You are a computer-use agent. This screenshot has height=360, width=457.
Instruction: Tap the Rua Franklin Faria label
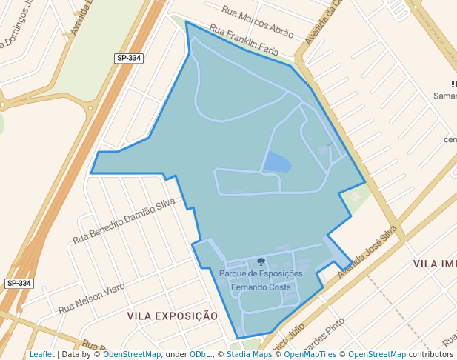pyautogui.click(x=244, y=41)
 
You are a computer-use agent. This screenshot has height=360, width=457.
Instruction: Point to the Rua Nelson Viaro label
pyautogui.click(x=92, y=297)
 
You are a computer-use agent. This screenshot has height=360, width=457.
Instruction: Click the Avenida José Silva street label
pyautogui.click(x=363, y=252)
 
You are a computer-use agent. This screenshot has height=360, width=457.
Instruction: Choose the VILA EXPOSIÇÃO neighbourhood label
pyautogui.click(x=173, y=316)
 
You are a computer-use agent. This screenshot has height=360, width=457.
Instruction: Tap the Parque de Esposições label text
pyautogui.click(x=261, y=273)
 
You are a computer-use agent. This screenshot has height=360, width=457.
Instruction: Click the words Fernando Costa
pyautogui.click(x=261, y=287)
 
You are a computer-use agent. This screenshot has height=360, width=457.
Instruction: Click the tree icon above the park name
pyautogui.click(x=261, y=261)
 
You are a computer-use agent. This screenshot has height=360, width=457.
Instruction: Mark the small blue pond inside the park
pyautogui.click(x=277, y=162)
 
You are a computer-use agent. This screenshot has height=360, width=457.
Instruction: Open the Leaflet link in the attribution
pyautogui.click(x=41, y=354)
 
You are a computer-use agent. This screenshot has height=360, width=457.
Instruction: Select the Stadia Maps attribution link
pyautogui.click(x=249, y=354)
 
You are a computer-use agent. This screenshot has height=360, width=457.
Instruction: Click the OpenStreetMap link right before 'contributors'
pyautogui.click(x=376, y=354)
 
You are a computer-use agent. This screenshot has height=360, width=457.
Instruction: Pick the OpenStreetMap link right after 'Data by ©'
pyautogui.click(x=132, y=354)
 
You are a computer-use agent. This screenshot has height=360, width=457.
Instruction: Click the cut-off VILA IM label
pyautogui.click(x=435, y=264)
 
